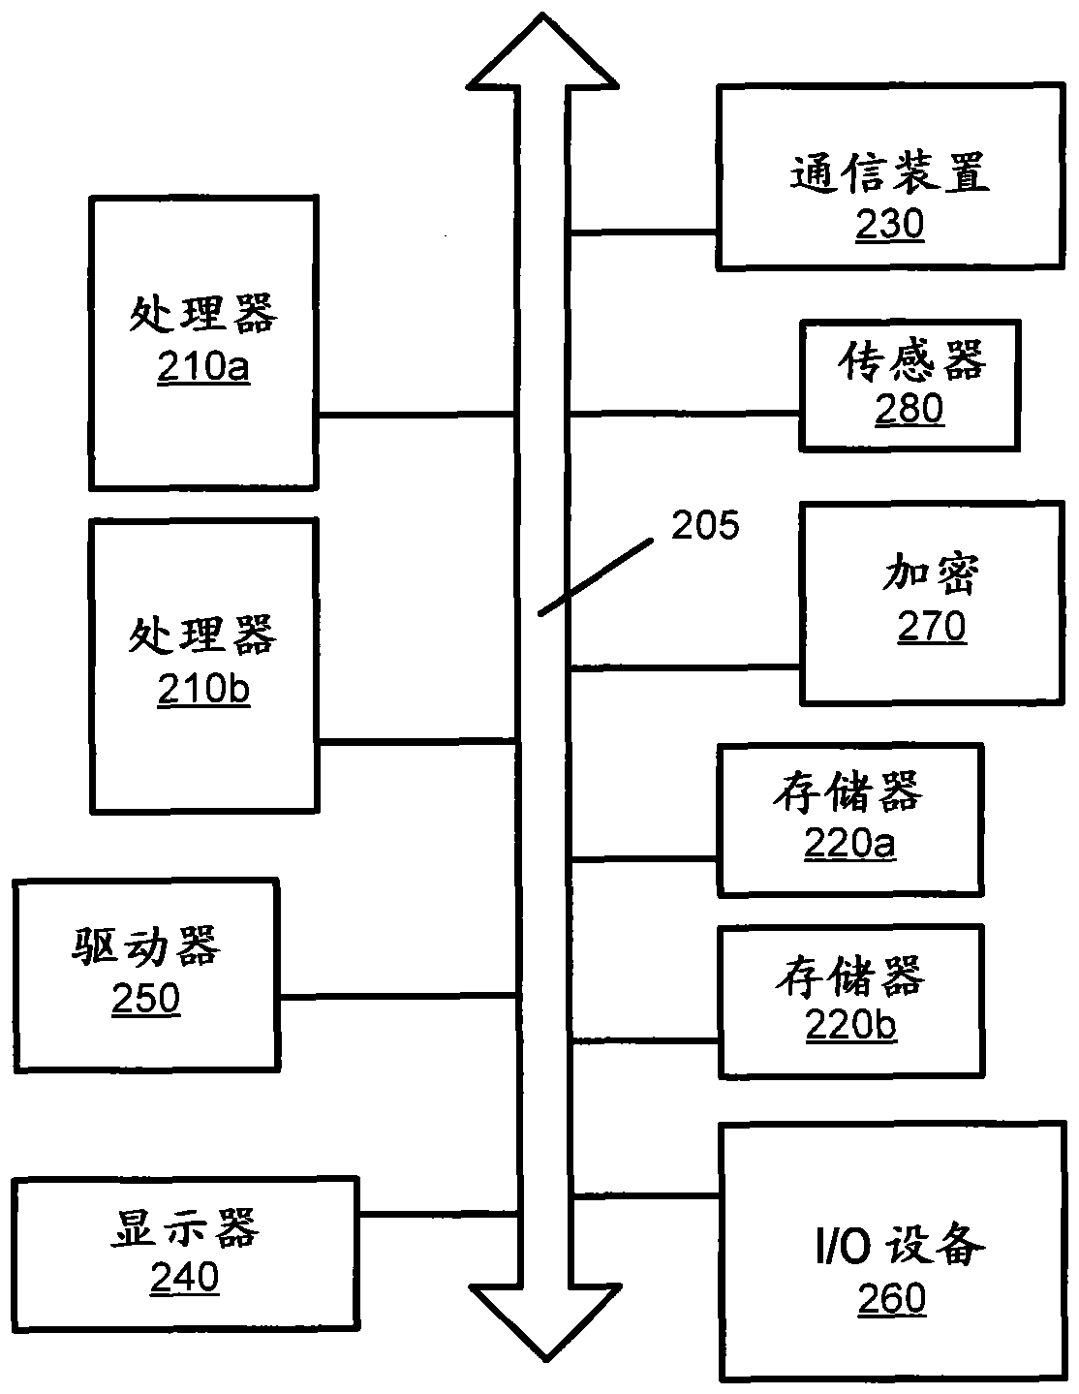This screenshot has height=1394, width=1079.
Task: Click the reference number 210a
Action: pyautogui.click(x=203, y=367)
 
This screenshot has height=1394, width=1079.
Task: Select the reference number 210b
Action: pyautogui.click(x=203, y=690)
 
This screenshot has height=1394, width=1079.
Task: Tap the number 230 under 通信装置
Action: pyautogui.click(x=889, y=224)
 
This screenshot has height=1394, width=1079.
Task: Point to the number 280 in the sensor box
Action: pyautogui.click(x=909, y=408)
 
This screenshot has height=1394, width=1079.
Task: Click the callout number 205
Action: pyautogui.click(x=704, y=525)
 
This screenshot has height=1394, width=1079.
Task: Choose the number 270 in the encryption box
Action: pyautogui.click(x=931, y=626)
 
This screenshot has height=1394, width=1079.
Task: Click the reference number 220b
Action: pyautogui.click(x=850, y=1025)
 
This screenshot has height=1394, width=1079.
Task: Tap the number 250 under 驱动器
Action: pyautogui.click(x=145, y=998)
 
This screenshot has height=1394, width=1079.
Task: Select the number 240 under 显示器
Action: pyautogui.click(x=185, y=1277)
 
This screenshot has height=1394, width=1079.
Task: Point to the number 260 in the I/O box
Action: pyautogui.click(x=892, y=1298)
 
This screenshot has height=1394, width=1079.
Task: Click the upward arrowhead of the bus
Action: pyautogui.click(x=542, y=51)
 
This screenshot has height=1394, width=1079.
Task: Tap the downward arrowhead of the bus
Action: pyautogui.click(x=545, y=1322)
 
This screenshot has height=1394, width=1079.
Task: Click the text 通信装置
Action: pyautogui.click(x=889, y=173)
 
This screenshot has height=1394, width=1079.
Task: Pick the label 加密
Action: pyautogui.click(x=931, y=573)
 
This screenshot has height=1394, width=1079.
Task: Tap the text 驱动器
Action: pyautogui.click(x=145, y=945)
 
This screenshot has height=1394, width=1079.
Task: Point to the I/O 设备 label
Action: pyautogui.click(x=900, y=1245)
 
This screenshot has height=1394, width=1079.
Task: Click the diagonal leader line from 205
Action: pyautogui.click(x=596, y=577)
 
